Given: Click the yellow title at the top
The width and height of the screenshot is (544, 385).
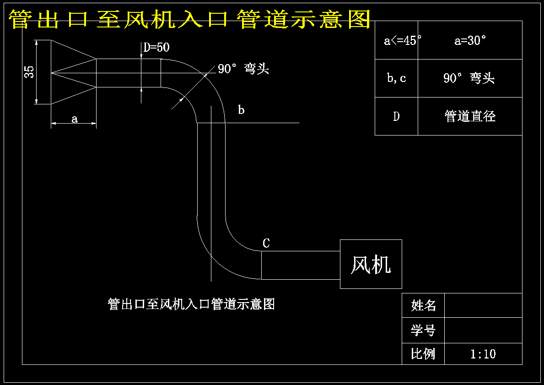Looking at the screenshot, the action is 189,19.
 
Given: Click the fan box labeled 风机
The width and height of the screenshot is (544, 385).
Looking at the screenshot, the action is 371,264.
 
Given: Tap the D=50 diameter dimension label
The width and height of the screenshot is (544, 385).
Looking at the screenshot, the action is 156,47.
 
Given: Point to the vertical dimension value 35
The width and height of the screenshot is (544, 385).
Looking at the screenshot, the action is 30,72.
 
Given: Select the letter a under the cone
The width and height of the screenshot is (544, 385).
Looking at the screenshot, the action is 74,119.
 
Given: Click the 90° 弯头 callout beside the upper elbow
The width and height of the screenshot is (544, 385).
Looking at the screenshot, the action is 243,69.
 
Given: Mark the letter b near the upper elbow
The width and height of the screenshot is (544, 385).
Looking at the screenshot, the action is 241,110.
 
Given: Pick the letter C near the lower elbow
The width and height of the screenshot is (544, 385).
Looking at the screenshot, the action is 266,243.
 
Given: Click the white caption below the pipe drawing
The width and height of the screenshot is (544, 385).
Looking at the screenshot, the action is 191,304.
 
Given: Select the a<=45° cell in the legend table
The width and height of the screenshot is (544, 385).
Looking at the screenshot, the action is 397,40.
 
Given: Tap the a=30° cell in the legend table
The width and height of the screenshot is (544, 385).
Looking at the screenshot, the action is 470,40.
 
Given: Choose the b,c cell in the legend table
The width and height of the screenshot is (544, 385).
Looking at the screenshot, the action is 397,78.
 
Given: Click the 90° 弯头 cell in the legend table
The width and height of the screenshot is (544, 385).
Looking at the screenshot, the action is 470,78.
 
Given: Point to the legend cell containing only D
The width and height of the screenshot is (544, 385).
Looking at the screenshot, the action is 397,116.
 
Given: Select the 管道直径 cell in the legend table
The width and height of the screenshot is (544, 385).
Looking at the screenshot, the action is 470,116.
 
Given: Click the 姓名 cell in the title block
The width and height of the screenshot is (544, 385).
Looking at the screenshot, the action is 423,305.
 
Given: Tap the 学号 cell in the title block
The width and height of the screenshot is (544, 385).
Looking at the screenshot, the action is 423,330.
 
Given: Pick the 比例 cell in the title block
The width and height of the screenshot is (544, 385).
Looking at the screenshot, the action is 423,354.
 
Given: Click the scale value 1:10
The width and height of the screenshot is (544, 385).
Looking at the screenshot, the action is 483,354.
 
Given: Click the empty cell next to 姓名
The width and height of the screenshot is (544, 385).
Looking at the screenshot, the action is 483,305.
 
